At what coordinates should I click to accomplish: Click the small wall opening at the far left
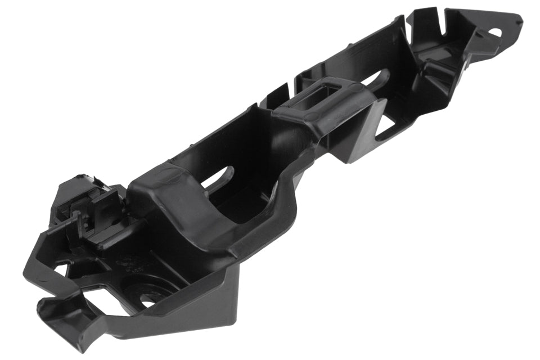tap(59, 269)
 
